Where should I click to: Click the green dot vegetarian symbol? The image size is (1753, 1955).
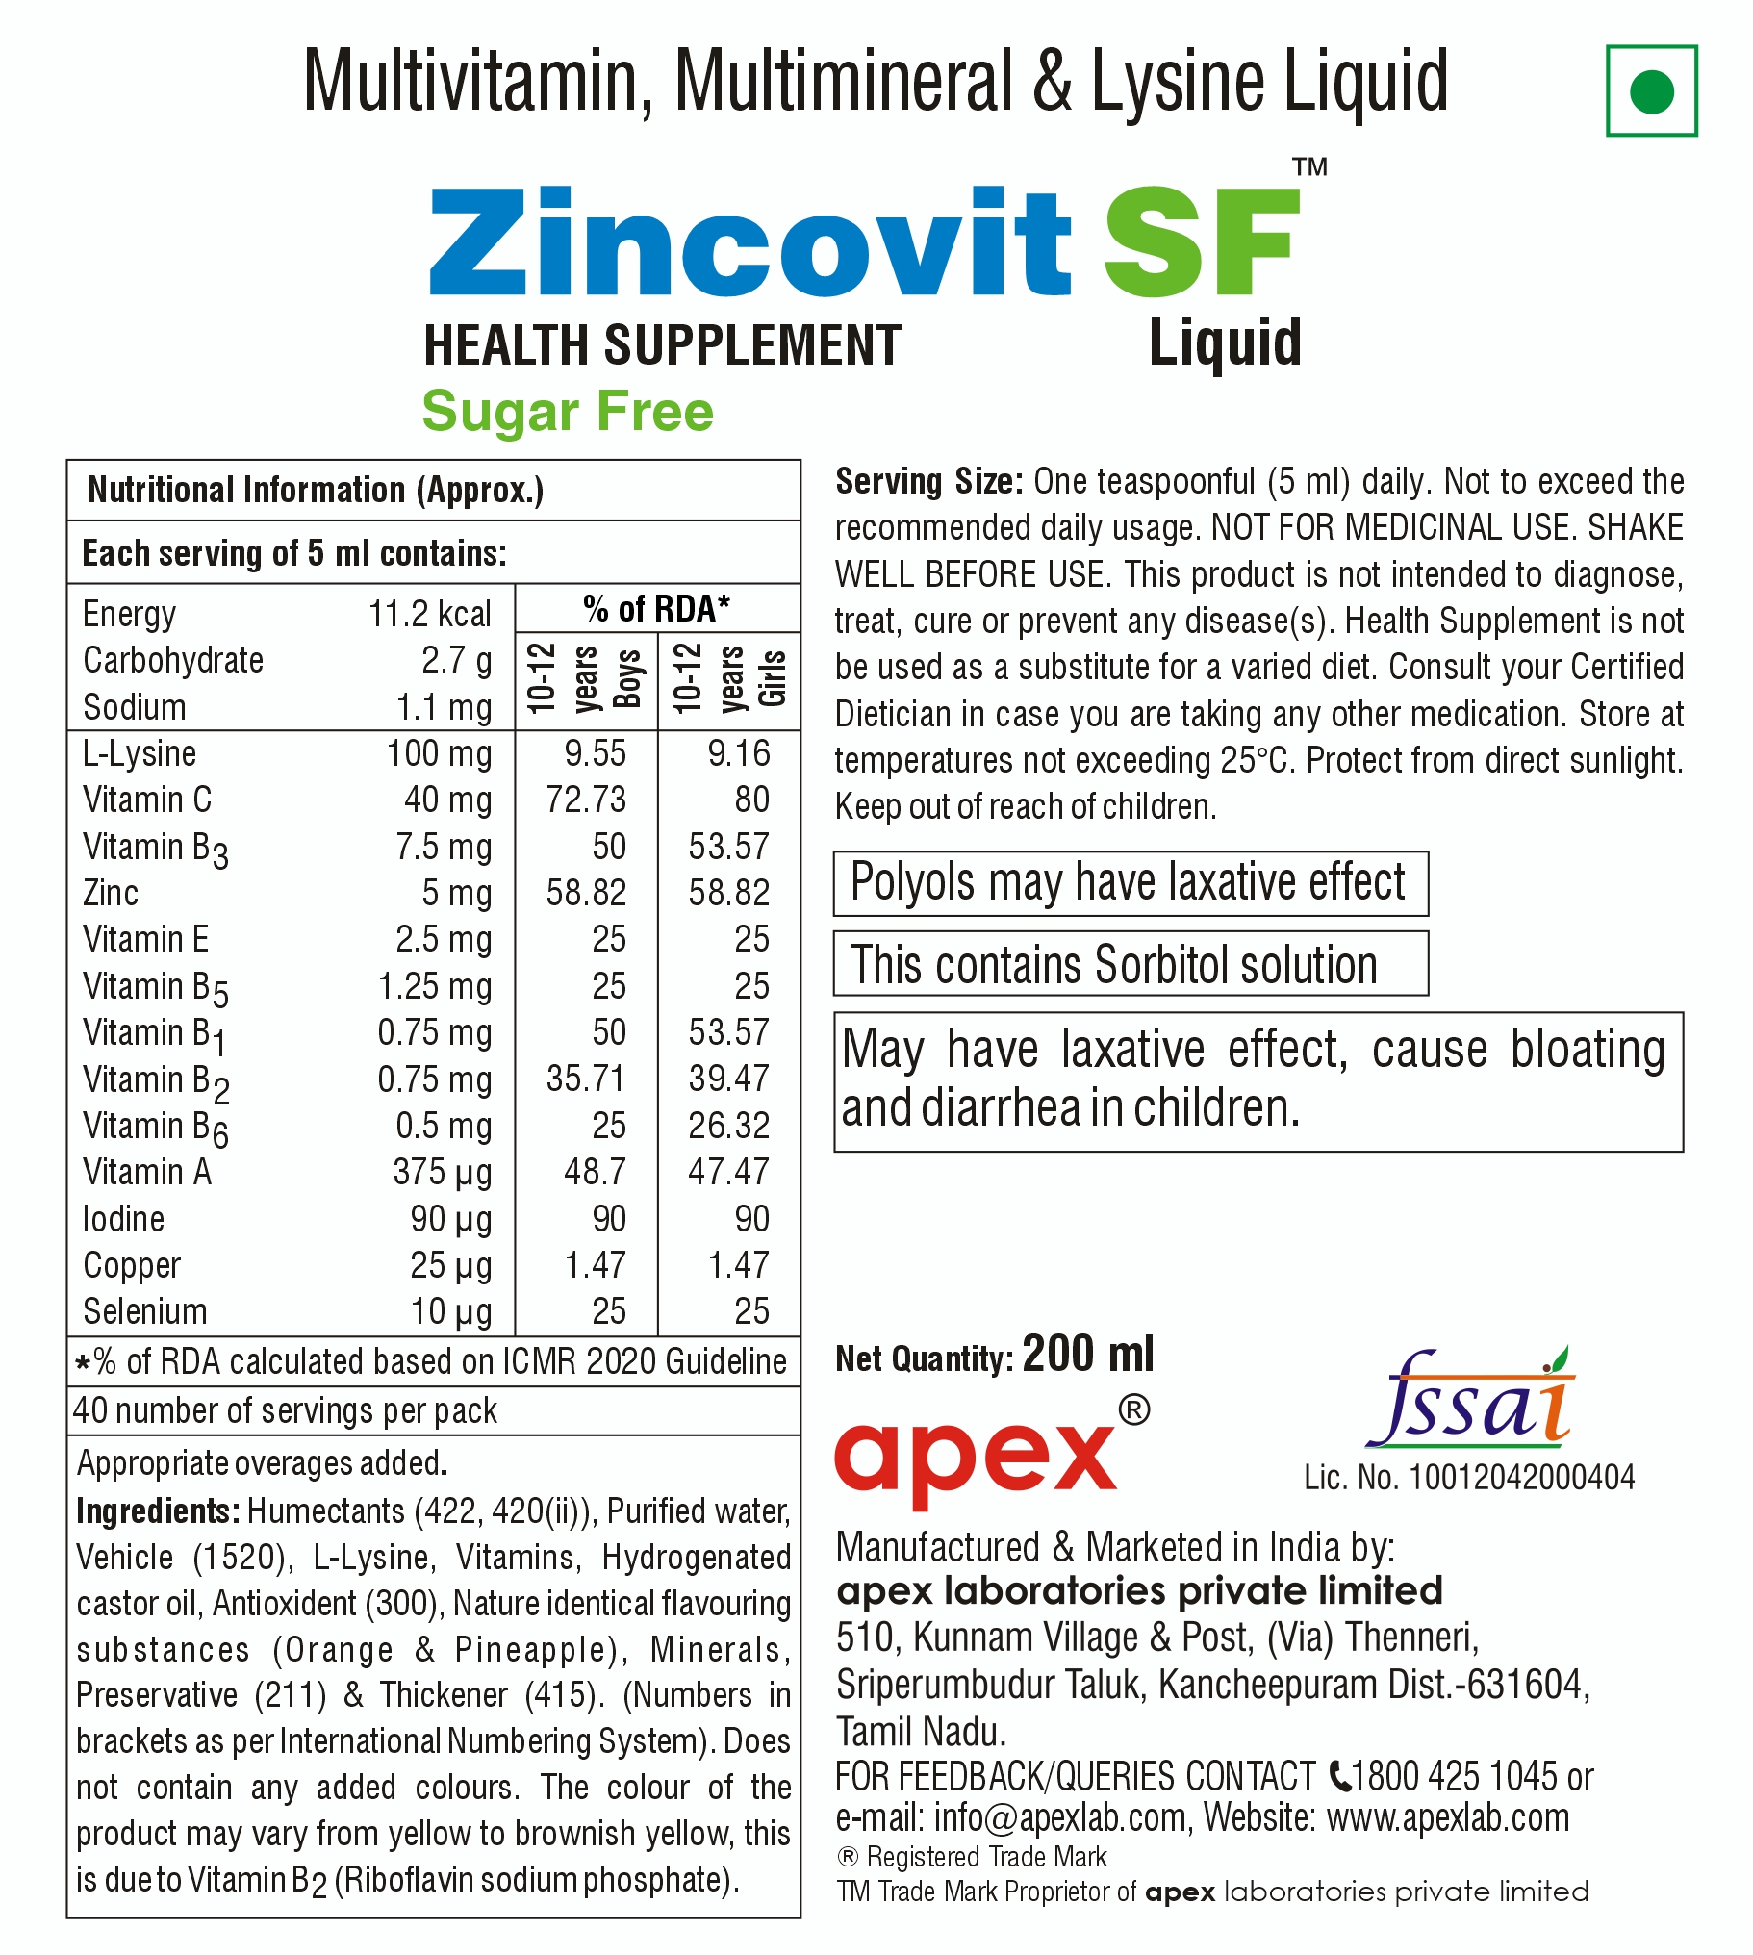pos(1651,91)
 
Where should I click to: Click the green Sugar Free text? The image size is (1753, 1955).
pos(568,412)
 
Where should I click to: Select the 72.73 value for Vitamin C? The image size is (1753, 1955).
pos(586,800)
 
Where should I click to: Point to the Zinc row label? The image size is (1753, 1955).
pos(111,893)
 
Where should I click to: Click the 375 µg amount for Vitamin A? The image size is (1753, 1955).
pos(443,1172)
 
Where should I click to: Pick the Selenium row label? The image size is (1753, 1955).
pos(145,1311)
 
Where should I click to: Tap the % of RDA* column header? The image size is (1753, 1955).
pos(657,609)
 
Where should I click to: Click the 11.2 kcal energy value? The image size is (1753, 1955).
pos(429,614)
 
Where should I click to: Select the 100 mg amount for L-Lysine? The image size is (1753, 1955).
pos(440,753)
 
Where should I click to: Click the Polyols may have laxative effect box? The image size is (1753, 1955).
pos(1130,883)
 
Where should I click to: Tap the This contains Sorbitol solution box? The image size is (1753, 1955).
pos(1130,964)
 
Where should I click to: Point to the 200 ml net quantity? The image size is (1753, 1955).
pos(1087,1354)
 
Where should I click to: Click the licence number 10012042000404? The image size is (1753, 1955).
pos(1522,1478)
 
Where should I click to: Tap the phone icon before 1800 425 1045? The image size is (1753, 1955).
pos(1339,1774)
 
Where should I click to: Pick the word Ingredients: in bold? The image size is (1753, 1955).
pos(158,1511)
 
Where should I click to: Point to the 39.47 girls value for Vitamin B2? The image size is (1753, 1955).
pos(729,1079)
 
